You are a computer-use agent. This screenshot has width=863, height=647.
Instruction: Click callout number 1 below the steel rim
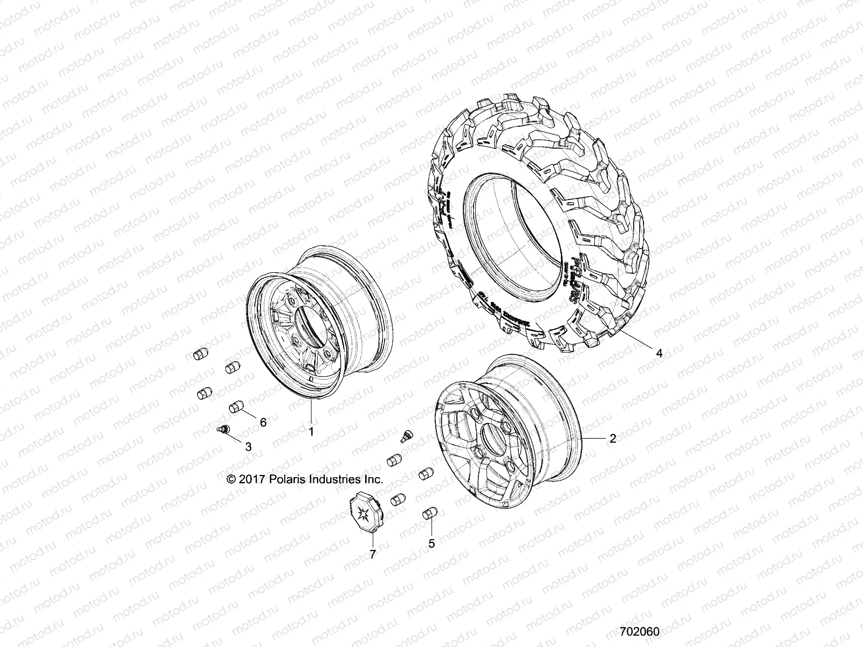point(311,446)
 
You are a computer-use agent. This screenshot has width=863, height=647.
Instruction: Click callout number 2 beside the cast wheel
point(612,439)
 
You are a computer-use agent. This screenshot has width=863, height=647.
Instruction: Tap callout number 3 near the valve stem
point(248,446)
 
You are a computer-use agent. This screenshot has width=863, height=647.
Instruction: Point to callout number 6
point(263,422)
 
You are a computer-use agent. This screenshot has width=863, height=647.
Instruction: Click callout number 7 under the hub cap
point(373,538)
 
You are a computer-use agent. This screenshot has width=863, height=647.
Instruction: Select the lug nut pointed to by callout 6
point(237,406)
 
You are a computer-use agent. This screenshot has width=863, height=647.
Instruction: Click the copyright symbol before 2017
point(231,479)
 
